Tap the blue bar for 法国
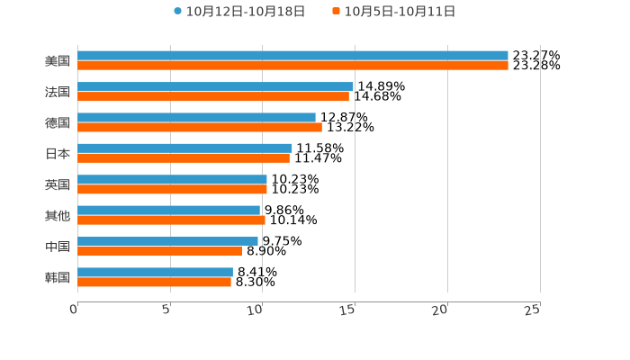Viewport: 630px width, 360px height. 215,86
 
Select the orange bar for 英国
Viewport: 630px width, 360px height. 172,189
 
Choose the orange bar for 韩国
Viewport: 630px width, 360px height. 154,282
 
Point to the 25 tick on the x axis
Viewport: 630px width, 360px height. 533,310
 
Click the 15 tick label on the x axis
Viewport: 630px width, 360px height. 348,310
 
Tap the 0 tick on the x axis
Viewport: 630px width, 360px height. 74,310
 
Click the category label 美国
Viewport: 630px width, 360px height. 58,61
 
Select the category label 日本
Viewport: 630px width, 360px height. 58,153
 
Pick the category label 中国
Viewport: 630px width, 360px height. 58,247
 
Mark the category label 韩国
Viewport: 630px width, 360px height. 58,277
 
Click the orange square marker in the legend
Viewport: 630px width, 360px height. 337,12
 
